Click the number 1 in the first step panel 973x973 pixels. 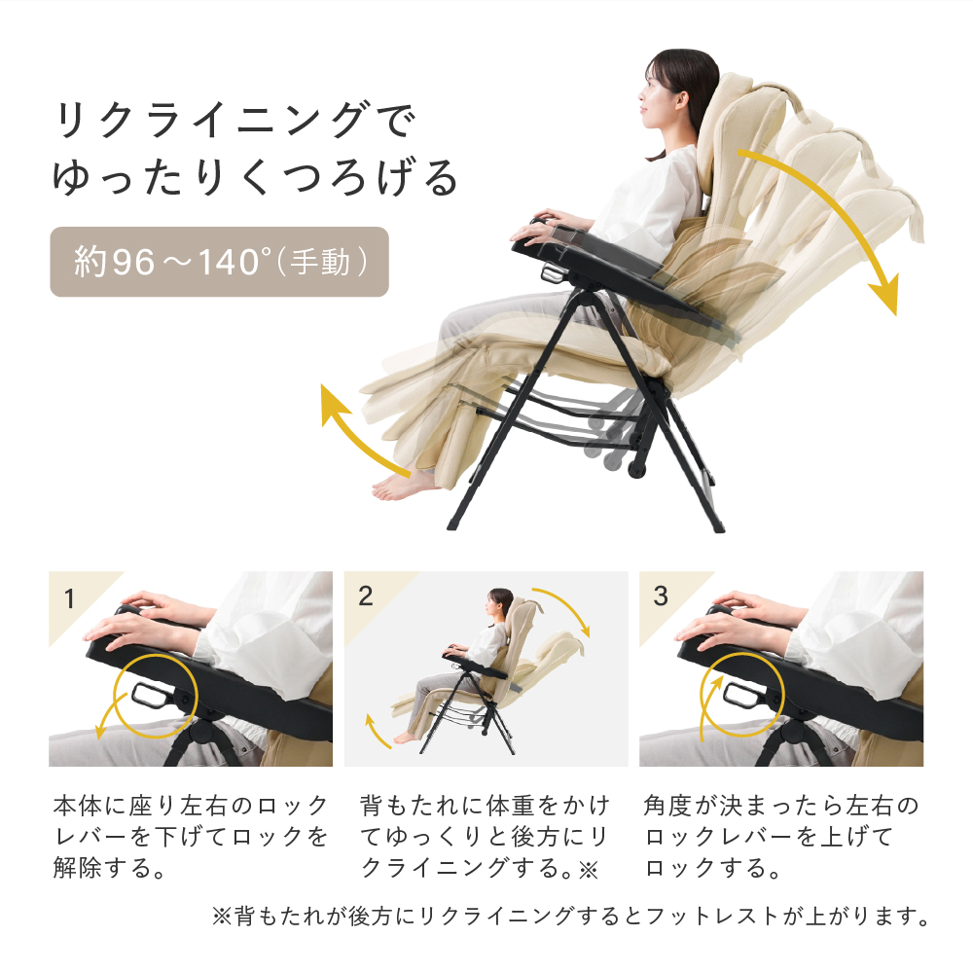tap(69, 598)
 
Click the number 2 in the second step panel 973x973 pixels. tap(366, 596)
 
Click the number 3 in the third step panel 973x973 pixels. tap(661, 596)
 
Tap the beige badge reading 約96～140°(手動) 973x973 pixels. tap(219, 262)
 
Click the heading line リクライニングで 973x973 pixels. tap(234, 120)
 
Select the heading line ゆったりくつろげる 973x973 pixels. tap(254, 177)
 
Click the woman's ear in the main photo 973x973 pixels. tap(681, 99)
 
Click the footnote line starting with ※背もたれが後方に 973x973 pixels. tap(571, 916)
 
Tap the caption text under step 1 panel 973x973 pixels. tap(191, 837)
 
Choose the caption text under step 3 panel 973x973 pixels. tap(780, 837)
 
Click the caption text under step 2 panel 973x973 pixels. tap(485, 837)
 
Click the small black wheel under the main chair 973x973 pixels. tap(636, 468)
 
